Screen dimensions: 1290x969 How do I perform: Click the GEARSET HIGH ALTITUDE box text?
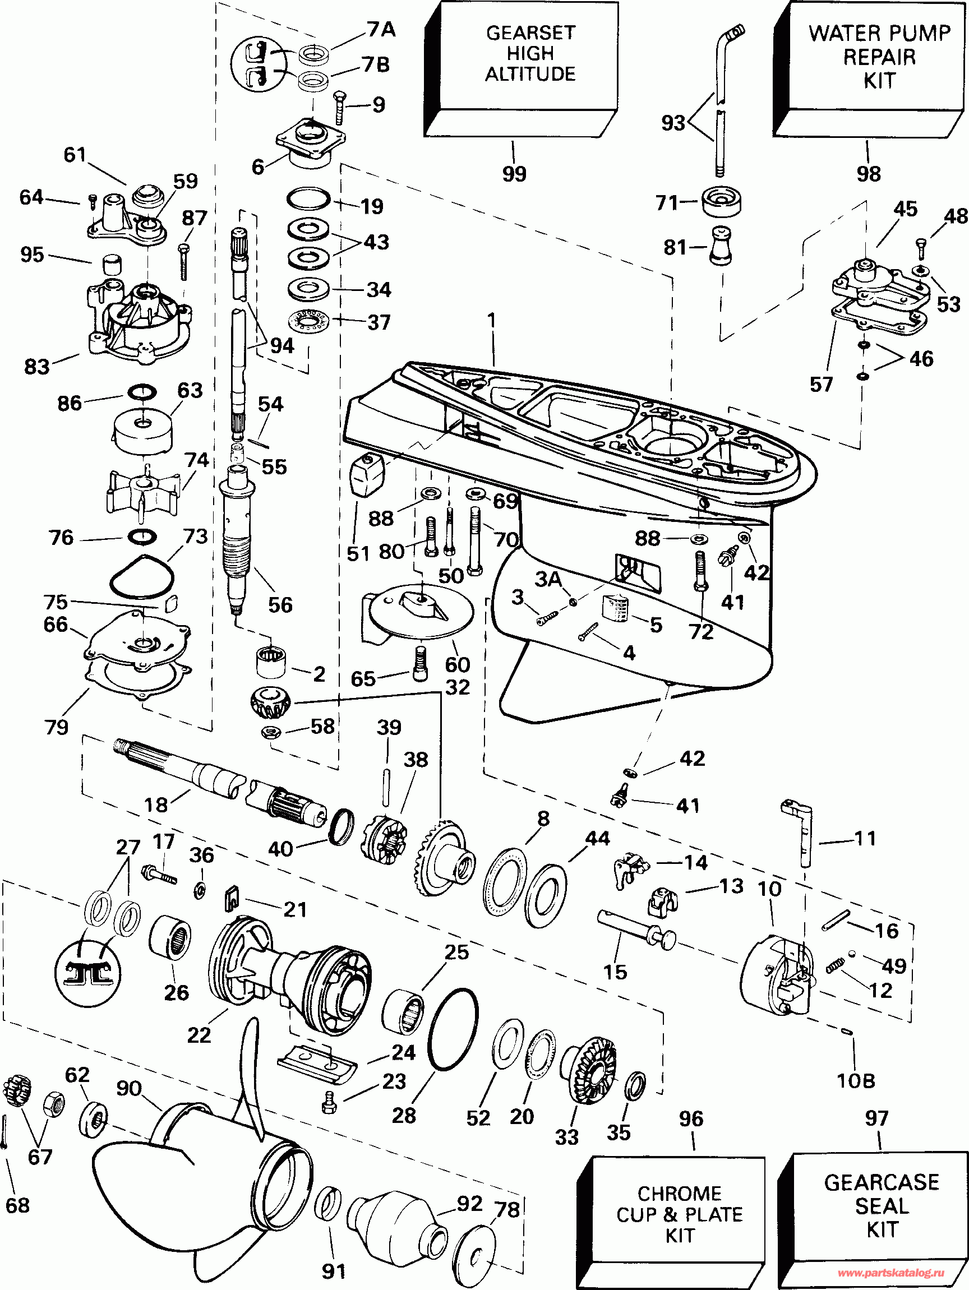click(x=530, y=53)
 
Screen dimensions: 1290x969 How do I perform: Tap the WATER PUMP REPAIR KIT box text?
click(x=879, y=57)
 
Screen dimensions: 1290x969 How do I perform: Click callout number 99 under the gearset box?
click(x=514, y=173)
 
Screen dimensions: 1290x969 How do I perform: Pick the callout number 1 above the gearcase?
click(x=492, y=320)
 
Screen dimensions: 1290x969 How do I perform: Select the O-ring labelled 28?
click(x=453, y=1029)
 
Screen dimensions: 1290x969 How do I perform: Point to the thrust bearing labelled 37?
click(x=308, y=321)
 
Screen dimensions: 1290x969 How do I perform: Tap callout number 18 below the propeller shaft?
click(x=156, y=805)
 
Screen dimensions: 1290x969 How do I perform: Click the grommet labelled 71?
click(x=722, y=202)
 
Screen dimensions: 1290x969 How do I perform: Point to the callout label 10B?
click(x=856, y=1081)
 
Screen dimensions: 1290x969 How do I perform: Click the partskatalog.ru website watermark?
click(x=899, y=1273)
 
